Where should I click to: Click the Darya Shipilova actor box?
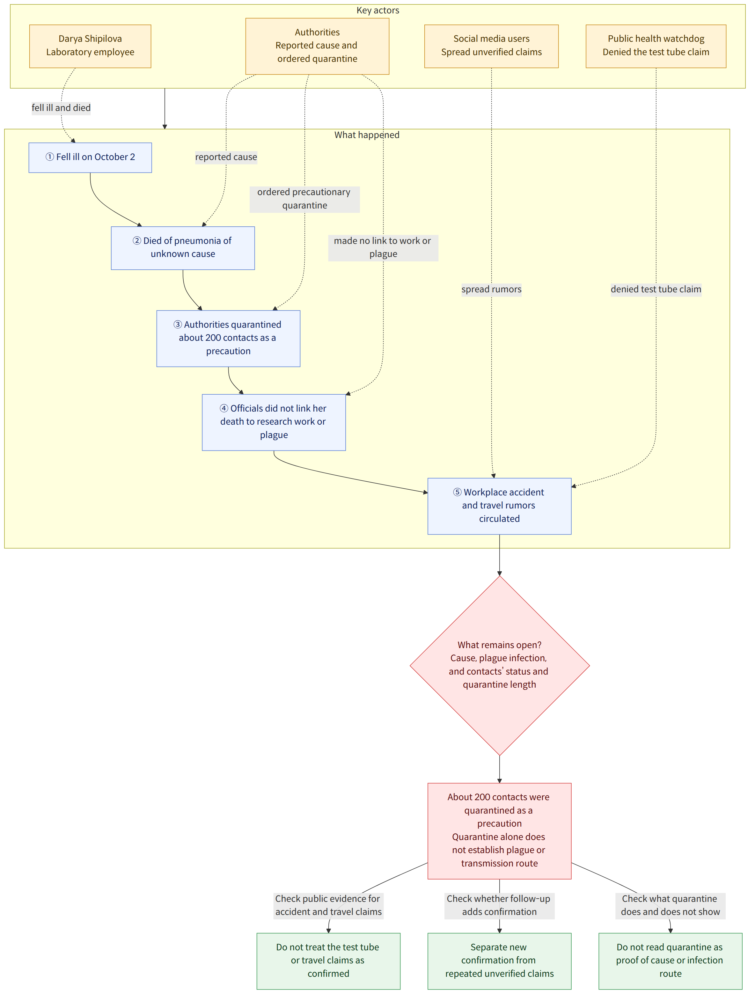click(90, 46)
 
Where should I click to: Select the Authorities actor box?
click(317, 46)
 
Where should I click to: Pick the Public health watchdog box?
click(656, 46)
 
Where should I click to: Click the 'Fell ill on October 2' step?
click(90, 157)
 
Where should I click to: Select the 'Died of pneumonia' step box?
click(183, 248)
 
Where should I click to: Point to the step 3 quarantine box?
click(228, 339)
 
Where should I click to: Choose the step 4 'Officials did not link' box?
click(274, 422)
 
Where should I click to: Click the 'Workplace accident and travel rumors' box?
click(499, 506)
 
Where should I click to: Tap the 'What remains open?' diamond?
click(500, 665)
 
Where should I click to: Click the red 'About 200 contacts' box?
click(499, 831)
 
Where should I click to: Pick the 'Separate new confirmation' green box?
click(499, 961)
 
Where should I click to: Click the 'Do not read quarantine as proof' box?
click(671, 961)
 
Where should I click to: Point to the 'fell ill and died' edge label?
click(61, 108)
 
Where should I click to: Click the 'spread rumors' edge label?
click(492, 289)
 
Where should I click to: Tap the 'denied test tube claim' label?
click(656, 289)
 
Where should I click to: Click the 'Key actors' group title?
click(378, 11)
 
